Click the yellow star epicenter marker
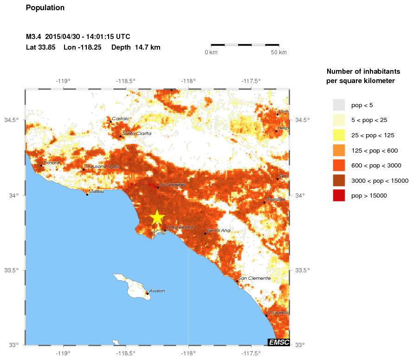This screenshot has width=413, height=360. coord(157,217)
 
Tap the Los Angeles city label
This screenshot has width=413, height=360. coord(172,185)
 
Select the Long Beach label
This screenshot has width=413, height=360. coord(176,227)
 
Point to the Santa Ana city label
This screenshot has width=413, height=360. coord(219,231)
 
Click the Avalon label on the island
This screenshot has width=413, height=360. coord(157,291)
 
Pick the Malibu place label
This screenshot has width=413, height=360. coord(96,191)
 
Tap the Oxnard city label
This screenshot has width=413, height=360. coord(51,163)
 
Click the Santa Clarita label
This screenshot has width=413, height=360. coord(136,134)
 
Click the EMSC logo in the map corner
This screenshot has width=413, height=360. coord(278,342)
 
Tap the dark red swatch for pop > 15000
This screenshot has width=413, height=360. coord(339,196)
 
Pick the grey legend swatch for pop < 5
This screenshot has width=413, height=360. coord(339,105)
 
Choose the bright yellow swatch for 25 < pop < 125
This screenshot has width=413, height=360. coord(339,135)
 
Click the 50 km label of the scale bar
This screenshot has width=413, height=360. coord(279,52)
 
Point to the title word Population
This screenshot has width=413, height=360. coord(45,8)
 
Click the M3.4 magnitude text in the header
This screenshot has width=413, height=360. coord(33,37)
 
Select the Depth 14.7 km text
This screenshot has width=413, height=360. coord(136,47)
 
